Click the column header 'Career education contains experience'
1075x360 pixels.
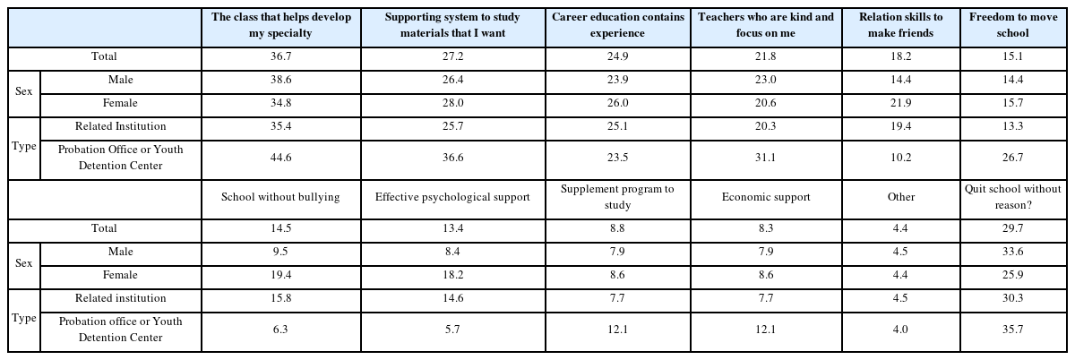click(618, 25)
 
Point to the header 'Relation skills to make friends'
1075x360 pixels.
click(900, 25)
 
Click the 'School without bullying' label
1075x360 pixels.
click(280, 198)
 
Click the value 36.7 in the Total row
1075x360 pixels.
click(280, 57)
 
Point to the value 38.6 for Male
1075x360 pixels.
click(280, 81)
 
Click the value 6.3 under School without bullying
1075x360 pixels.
click(280, 330)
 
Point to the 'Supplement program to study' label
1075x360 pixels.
click(618, 198)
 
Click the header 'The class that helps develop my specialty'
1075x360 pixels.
click(280, 25)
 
